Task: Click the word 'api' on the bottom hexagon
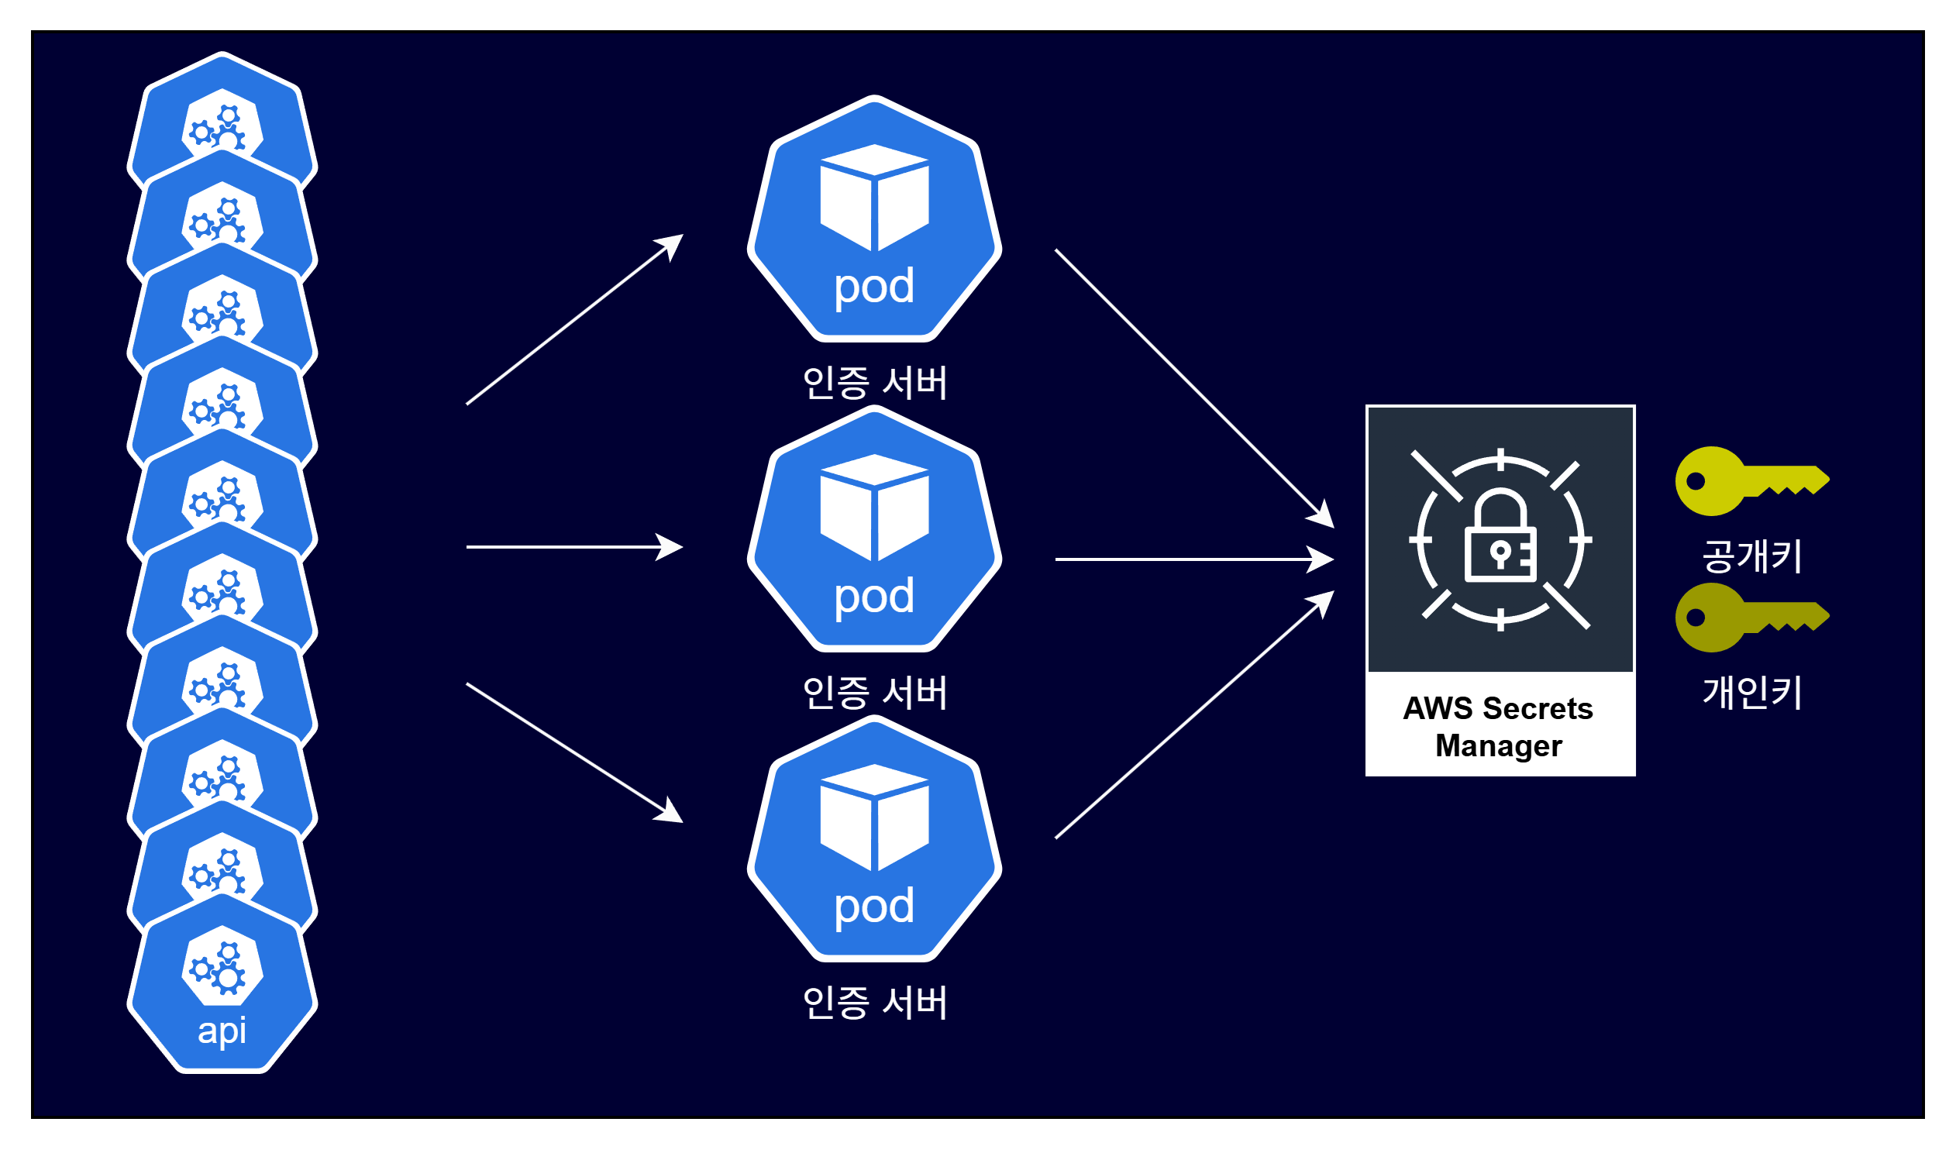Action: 222,1031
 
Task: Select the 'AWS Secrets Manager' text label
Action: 1499,727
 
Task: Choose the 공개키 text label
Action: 1751,556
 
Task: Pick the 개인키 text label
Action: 1751,692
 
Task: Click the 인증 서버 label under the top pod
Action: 875,383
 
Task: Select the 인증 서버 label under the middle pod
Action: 875,692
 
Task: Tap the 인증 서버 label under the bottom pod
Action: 875,1002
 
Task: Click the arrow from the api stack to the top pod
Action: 574,319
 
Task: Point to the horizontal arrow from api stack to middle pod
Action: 574,547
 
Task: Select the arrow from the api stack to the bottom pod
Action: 574,752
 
